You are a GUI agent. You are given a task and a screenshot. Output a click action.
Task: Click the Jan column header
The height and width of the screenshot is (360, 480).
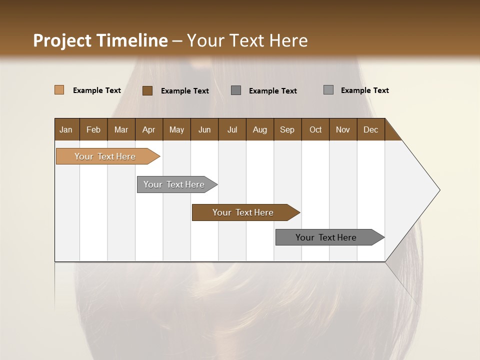pos(66,129)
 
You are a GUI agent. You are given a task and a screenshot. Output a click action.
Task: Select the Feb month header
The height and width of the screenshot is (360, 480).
pos(93,129)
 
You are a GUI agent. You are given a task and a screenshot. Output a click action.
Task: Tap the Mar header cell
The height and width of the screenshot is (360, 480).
pos(121,129)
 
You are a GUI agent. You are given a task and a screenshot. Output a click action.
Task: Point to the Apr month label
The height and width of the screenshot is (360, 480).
pos(149,129)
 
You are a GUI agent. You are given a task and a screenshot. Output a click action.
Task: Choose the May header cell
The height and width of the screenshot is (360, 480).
pos(176,129)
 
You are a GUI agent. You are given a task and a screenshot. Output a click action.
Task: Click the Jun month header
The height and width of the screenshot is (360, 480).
pos(204,129)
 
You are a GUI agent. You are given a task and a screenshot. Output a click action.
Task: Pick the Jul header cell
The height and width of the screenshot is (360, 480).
pos(232,129)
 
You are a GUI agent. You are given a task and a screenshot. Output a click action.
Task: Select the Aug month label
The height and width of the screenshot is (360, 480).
pos(260,129)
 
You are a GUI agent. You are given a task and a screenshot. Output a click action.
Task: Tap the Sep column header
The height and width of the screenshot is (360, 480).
pos(287,129)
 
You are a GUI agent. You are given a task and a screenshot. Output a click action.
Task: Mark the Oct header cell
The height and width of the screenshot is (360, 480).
pos(315,129)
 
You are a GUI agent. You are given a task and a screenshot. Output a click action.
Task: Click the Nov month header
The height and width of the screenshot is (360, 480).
pos(343,129)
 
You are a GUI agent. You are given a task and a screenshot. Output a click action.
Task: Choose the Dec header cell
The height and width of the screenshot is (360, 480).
pos(371,129)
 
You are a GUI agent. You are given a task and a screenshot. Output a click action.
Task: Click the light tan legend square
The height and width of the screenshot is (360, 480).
pos(59,90)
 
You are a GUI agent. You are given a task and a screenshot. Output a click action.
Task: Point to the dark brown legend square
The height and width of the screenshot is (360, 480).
pos(147,90)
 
